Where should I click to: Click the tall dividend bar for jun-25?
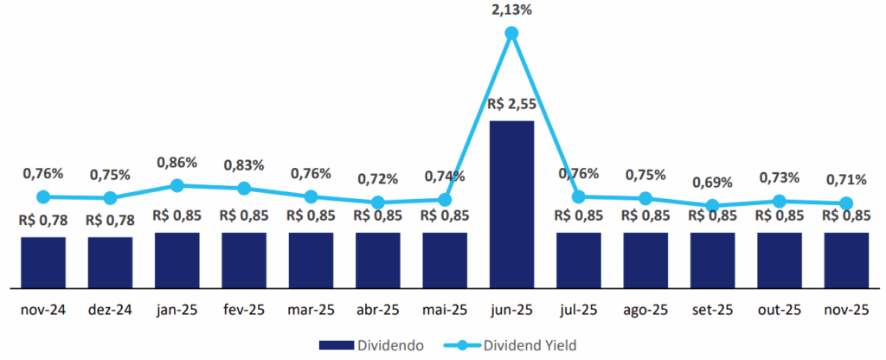tap(511, 204)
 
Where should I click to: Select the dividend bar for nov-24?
tap(43, 262)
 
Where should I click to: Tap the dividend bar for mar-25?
tap(311, 260)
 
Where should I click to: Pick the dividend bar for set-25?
tap(712, 260)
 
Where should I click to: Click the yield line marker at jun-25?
tap(511, 33)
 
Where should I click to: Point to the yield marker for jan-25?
tap(177, 185)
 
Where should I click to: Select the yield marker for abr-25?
tap(378, 202)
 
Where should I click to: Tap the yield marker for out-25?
tap(780, 202)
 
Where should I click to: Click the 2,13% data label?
tap(511, 10)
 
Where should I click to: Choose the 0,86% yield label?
tap(177, 162)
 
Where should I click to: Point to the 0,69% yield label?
tap(712, 183)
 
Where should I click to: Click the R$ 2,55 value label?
tap(511, 104)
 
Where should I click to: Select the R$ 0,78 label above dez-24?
tap(110, 220)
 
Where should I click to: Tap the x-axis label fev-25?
tap(244, 311)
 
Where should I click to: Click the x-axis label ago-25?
tap(645, 311)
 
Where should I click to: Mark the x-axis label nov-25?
tap(846, 311)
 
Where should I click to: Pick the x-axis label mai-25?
tap(445, 311)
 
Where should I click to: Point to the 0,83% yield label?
tap(244, 164)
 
